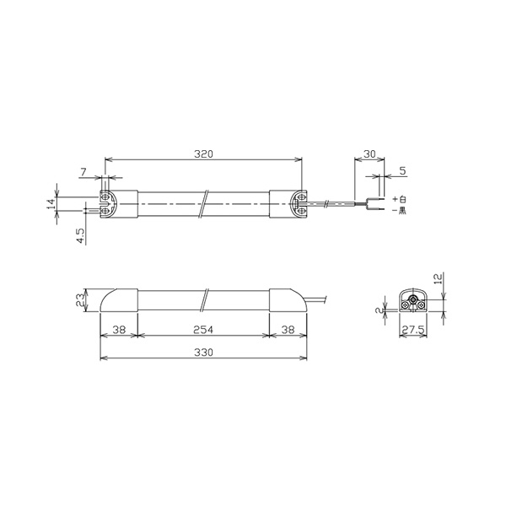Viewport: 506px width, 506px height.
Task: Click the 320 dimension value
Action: pos(203,154)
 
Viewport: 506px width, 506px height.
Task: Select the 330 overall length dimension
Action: pos(203,353)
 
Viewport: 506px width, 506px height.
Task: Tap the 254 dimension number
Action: pos(203,330)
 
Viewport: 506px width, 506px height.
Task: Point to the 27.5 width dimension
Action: pos(413,330)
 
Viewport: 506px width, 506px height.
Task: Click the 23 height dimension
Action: pos(80,300)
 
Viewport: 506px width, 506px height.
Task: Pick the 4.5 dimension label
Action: pos(80,236)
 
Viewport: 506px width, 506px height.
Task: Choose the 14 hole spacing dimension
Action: pos(51,204)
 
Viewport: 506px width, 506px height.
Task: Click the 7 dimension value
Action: pos(83,172)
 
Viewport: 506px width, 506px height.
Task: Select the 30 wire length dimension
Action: pos(369,154)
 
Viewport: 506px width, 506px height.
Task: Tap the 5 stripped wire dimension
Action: pos(402,170)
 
